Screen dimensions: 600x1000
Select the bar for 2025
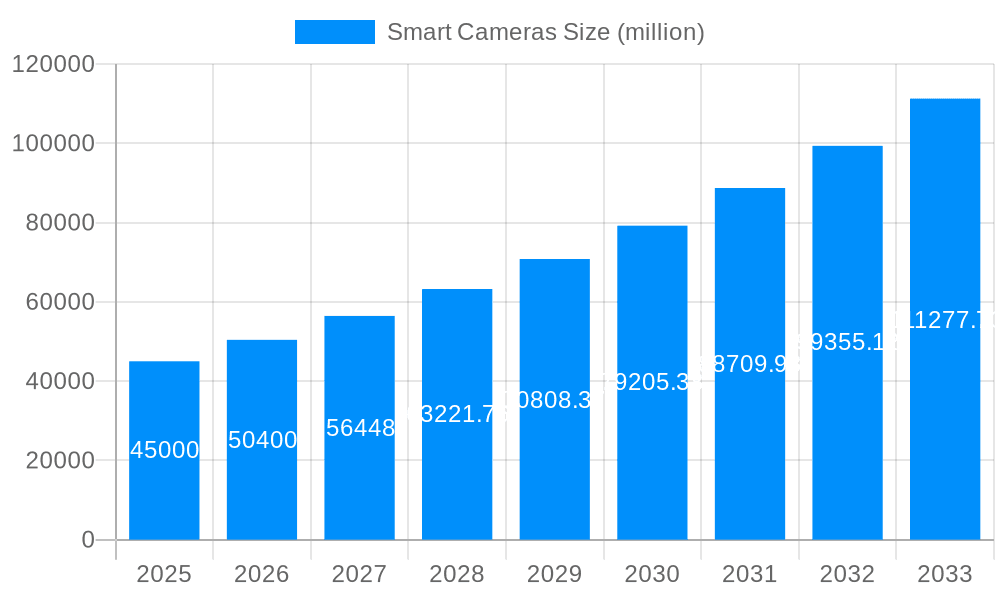164,450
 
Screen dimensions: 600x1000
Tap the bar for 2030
652,383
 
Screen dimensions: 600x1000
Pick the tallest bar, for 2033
945,319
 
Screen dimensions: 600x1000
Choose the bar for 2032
847,343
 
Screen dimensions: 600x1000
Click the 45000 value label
165,450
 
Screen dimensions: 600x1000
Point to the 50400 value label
262,440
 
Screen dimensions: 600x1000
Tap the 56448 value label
360,428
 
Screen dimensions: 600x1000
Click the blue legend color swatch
334,32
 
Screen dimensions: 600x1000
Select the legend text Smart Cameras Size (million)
545,32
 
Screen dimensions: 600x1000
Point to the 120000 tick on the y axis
53,64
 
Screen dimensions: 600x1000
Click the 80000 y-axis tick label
59,223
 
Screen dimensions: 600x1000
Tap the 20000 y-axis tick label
59,461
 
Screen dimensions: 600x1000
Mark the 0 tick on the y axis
87,540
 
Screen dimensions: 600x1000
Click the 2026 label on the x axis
262,574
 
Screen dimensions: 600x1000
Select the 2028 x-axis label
457,574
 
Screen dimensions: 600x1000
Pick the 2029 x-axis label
554,574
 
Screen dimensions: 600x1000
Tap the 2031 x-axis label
750,574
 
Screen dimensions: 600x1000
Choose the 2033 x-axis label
945,574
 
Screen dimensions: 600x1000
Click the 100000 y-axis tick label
53,143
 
